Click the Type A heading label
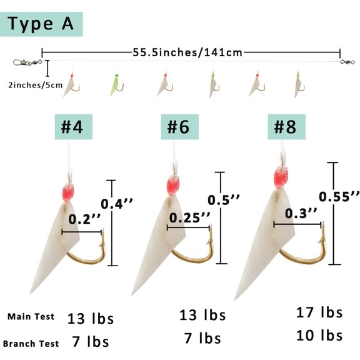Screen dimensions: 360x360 pos(41,24)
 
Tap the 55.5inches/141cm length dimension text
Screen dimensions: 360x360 pos(187,52)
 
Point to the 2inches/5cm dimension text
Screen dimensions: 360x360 pos(36,85)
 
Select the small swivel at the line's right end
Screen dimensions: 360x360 pos(347,62)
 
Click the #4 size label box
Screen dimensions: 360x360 pos(74,127)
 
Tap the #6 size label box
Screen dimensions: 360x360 pos(180,127)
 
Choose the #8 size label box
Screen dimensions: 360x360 pos(286,127)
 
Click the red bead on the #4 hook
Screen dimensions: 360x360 pos(68,193)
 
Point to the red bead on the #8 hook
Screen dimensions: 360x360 pos(281,177)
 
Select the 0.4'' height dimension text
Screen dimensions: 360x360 pos(117,204)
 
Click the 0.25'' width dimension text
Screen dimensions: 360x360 pos(189,217)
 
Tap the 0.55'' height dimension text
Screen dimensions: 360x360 pos(339,197)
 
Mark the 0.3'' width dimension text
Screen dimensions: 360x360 pos(301,213)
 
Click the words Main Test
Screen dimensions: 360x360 pos(31,317)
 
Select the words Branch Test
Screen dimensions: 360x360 pos(31,344)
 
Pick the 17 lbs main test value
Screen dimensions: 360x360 pos(319,312)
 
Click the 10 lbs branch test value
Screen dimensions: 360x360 pos(319,336)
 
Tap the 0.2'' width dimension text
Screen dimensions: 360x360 pos(84,219)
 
